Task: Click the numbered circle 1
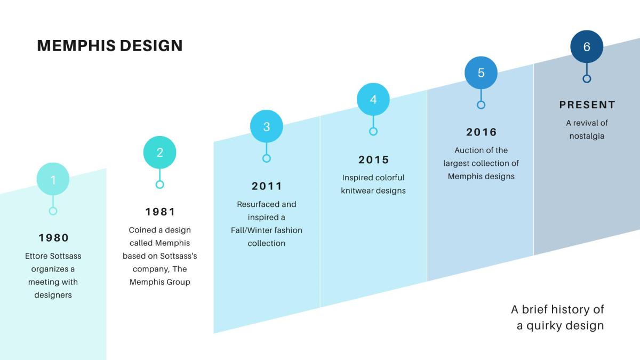click(53, 179)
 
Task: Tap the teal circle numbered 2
click(159, 153)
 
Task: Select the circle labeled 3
click(267, 126)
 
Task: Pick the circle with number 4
click(373, 99)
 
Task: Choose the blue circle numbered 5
click(481, 73)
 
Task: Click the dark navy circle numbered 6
click(587, 46)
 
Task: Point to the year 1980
click(54, 238)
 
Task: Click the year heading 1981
click(161, 212)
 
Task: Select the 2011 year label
click(267, 186)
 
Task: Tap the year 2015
click(374, 159)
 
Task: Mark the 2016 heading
click(482, 132)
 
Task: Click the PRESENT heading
click(587, 105)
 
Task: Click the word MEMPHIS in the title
click(76, 46)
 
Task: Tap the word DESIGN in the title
click(151, 46)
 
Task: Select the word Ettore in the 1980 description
click(36, 256)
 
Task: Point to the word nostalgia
click(587, 136)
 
